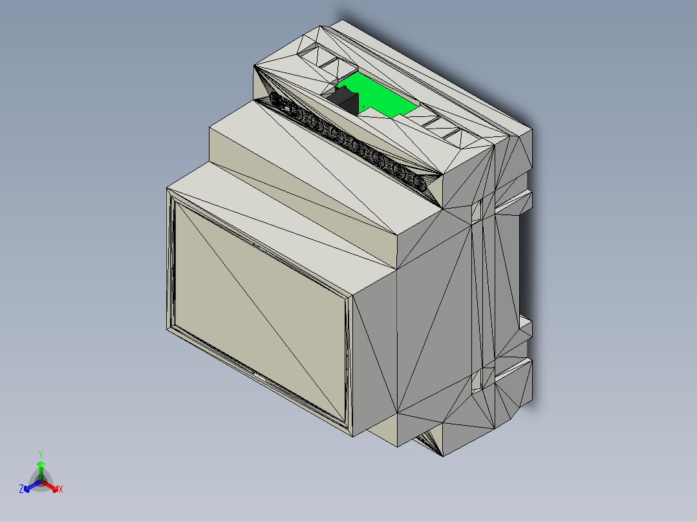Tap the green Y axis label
(x=41, y=454)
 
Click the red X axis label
(x=60, y=490)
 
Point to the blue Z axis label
(x=21, y=490)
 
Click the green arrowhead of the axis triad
(x=41, y=463)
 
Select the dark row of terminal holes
(x=349, y=142)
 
